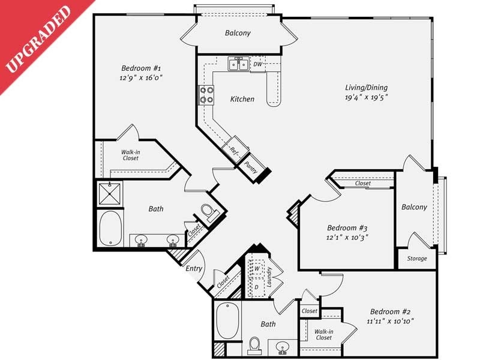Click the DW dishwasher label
coord(257,64)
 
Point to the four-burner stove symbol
coord(206,95)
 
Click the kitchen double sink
coord(239,64)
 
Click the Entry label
coord(193,268)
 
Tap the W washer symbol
coord(256,268)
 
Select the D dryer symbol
coord(256,287)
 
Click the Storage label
coord(417,259)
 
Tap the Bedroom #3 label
coord(347,228)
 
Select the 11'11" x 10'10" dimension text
coord(389,322)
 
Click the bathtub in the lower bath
coord(227,321)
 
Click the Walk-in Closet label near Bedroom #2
coord(324,334)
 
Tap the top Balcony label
coord(238,34)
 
